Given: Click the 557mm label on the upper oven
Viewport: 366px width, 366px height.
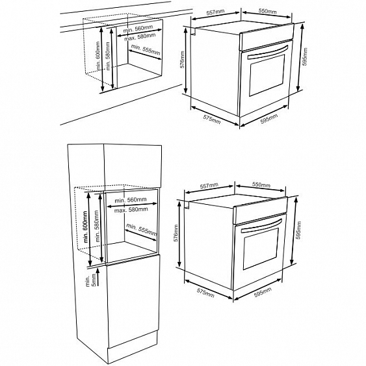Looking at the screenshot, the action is [215, 12].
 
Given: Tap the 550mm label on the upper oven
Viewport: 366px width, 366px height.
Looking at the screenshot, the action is [267, 11].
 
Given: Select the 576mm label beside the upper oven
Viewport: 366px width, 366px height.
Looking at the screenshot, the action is [182, 60].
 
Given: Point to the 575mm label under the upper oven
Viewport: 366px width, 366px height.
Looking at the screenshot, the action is [212, 120].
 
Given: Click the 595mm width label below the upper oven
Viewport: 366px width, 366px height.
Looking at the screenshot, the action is [269, 119].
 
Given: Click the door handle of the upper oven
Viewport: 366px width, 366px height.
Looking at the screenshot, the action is [267, 53].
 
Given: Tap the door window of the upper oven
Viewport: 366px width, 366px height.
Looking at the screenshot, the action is [267, 75].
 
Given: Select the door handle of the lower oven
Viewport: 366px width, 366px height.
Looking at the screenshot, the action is [261, 226].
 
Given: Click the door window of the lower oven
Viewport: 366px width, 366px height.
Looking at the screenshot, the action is [261, 248].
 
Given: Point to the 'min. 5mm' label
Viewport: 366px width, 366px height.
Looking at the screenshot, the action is [90, 280].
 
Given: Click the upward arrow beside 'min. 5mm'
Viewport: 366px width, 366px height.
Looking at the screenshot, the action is [98, 277].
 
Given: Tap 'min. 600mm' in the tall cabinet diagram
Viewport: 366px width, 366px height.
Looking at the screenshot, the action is [85, 226].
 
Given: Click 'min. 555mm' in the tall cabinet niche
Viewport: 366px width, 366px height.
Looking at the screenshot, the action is [142, 229].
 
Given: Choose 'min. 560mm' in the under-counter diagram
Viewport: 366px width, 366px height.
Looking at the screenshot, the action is [138, 29].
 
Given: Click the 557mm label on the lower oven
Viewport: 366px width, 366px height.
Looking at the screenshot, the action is [209, 186].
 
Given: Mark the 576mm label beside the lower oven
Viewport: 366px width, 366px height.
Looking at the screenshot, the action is [176, 233].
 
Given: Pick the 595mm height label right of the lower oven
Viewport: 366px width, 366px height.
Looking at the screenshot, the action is [298, 230].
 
